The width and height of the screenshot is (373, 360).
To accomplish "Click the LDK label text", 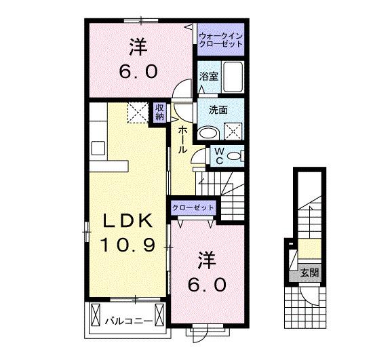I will (127, 222).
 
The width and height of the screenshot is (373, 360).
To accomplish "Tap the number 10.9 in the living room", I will (127, 243).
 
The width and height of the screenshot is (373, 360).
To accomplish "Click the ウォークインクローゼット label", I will (220, 40).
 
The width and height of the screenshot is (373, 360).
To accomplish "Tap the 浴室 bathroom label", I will (208, 77).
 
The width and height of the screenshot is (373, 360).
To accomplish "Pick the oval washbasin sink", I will (210, 130).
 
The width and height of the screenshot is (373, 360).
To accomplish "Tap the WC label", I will (219, 157).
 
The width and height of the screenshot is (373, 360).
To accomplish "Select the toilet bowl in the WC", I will (234, 157).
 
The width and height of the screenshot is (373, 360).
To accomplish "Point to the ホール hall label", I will (182, 140).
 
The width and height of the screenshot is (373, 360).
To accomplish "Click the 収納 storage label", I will (159, 112).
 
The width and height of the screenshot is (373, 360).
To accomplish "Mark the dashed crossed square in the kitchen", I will (138, 113).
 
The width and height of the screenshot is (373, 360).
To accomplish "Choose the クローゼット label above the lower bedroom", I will (193, 207).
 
